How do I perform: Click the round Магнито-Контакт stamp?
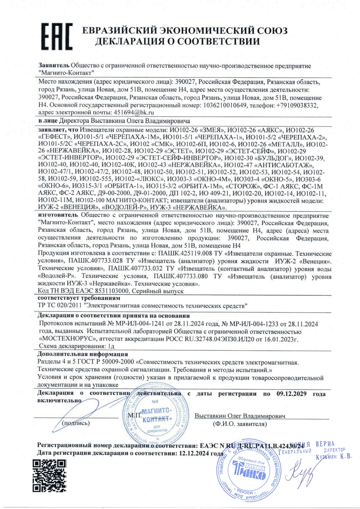click(153, 415)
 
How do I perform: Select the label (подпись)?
click(77, 423)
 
